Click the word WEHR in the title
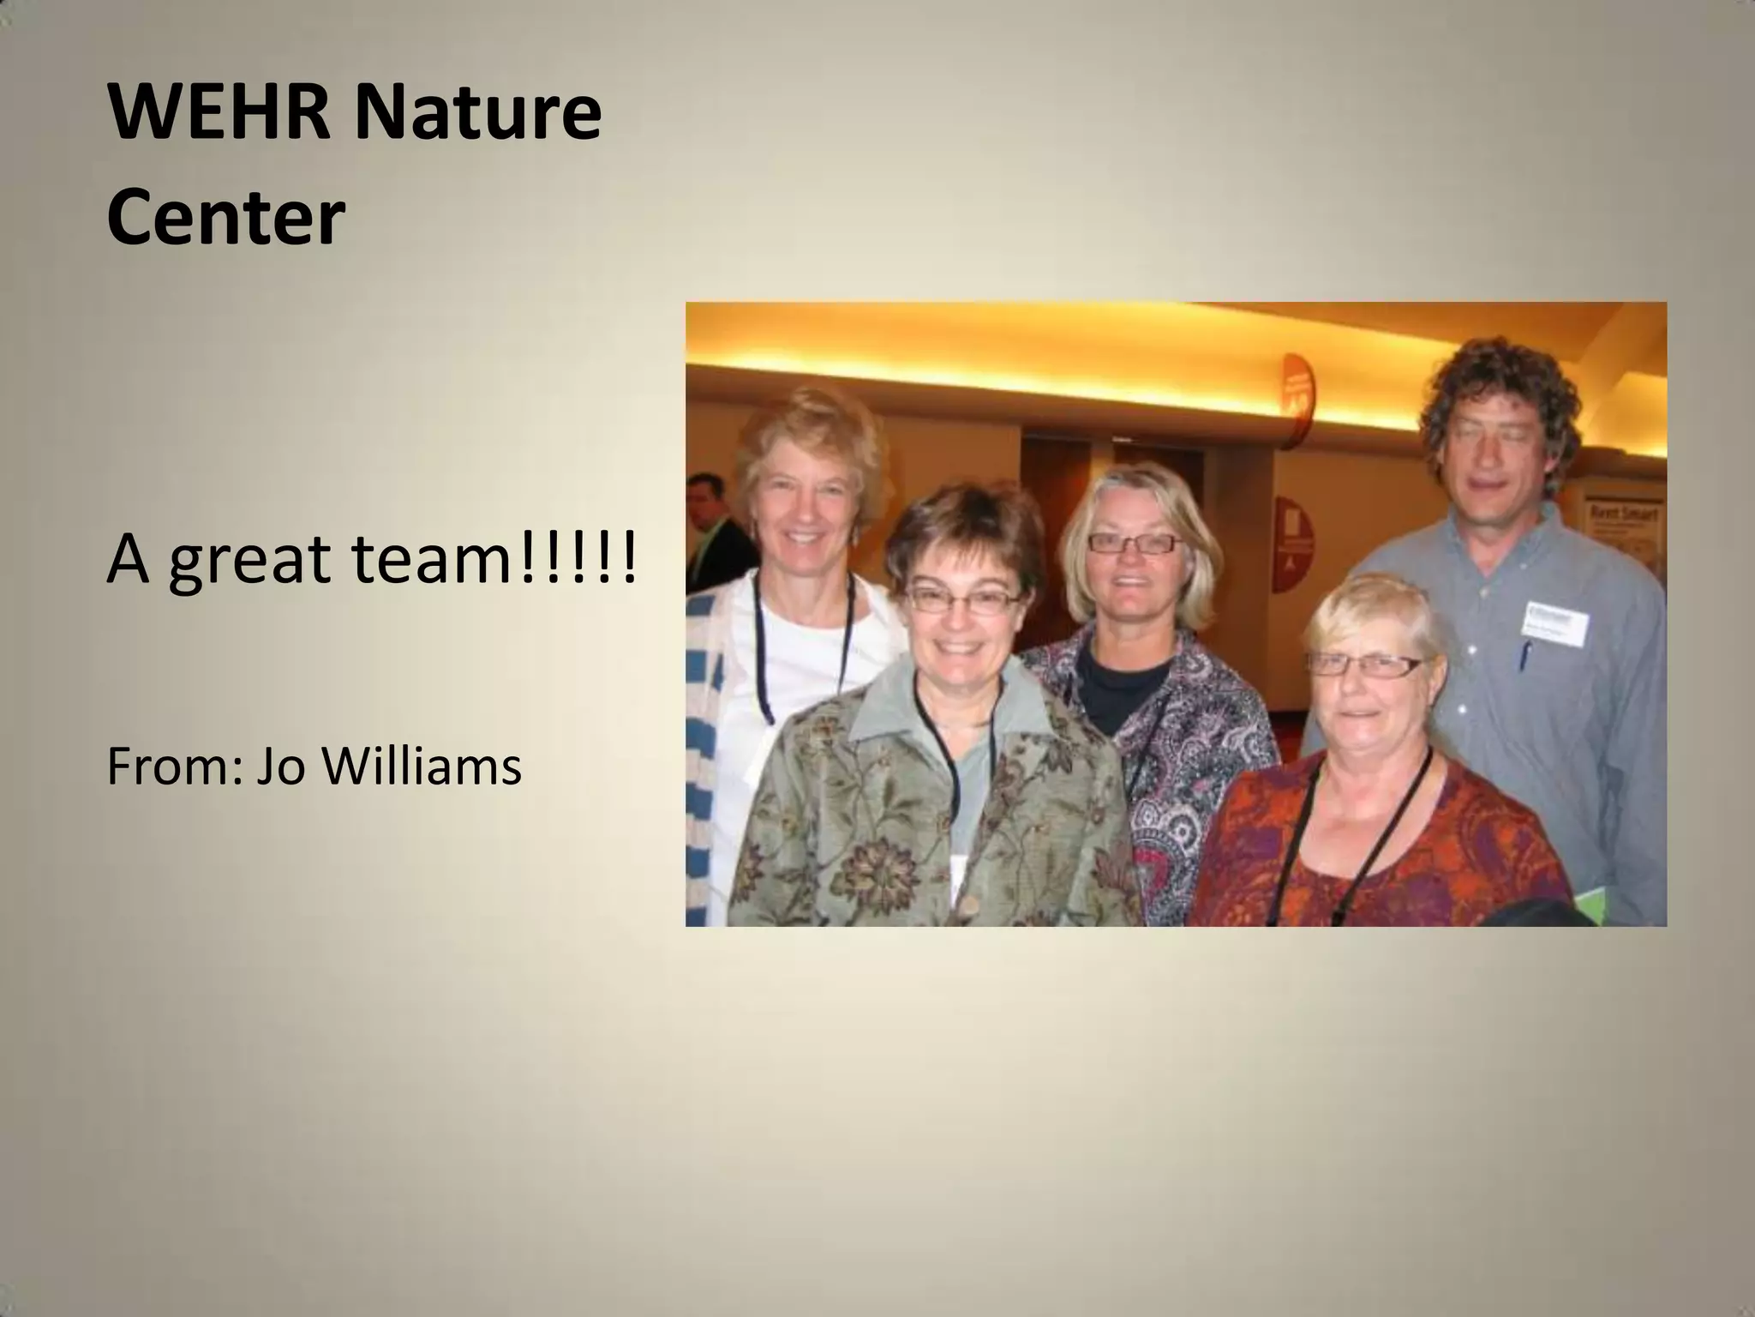(x=219, y=113)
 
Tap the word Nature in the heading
(x=477, y=113)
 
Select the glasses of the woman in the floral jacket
(x=962, y=600)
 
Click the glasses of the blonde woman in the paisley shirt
(x=1133, y=543)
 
